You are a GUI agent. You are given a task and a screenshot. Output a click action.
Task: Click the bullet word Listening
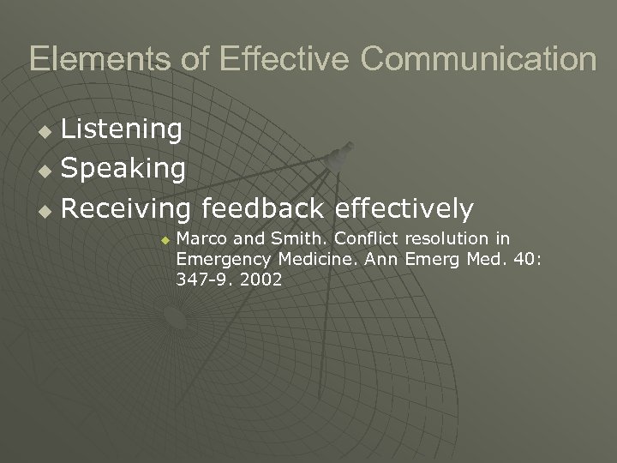click(x=122, y=129)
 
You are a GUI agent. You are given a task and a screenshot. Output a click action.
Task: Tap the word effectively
click(x=404, y=208)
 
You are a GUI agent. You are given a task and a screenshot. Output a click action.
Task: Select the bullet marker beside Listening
click(x=48, y=132)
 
